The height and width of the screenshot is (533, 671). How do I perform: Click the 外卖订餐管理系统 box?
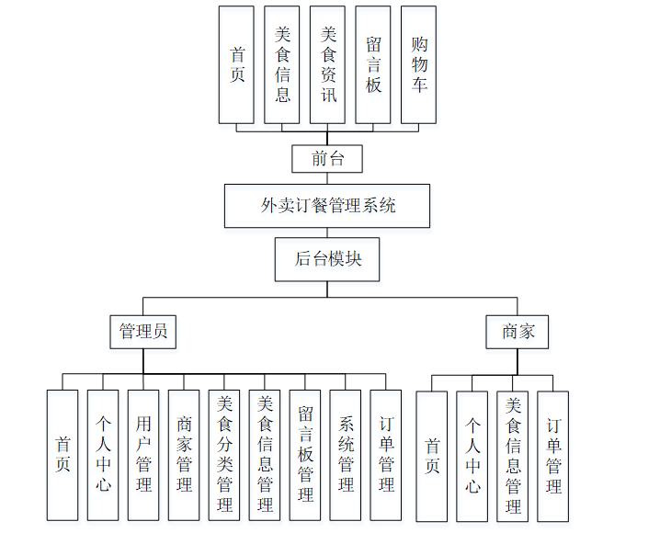tap(327, 206)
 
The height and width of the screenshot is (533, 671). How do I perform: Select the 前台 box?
tap(327, 158)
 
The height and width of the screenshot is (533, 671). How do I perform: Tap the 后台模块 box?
tap(327, 259)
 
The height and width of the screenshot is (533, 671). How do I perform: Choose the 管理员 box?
tap(143, 331)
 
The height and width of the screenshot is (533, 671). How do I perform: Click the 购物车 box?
tap(418, 64)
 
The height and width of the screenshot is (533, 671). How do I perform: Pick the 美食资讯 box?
tap(327, 64)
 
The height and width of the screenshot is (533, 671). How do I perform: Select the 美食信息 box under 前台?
tap(282, 64)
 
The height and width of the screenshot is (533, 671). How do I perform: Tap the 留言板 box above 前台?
tap(373, 64)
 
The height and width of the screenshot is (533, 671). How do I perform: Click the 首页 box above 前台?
tap(236, 64)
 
